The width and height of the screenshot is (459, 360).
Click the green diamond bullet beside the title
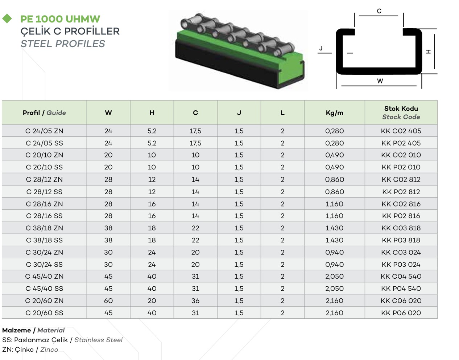(7, 19)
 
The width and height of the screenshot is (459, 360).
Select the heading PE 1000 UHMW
(60, 19)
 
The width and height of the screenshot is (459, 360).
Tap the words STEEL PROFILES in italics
(63, 44)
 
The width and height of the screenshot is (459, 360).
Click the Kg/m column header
(334, 112)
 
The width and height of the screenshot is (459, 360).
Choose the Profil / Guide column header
(44, 112)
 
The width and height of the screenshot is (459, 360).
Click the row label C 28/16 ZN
(44, 204)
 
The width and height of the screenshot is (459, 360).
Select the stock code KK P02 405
(401, 143)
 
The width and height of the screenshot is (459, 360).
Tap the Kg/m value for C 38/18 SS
(334, 240)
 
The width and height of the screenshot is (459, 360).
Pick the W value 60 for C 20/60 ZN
(108, 300)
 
